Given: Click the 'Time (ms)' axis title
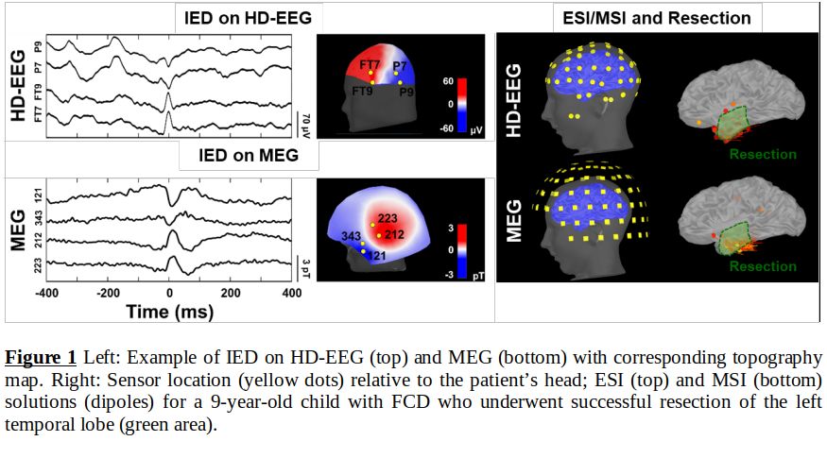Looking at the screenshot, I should pos(168,309).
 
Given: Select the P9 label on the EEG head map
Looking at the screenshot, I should pos(406,92).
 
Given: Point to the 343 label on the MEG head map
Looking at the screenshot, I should pos(349,235).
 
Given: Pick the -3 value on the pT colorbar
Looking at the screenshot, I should pos(452,272).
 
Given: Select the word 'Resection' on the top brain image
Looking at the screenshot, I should pos(763,154).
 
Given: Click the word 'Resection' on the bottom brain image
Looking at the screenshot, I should pos(763,266).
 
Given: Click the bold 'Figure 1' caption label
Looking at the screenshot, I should pos(42,358).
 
